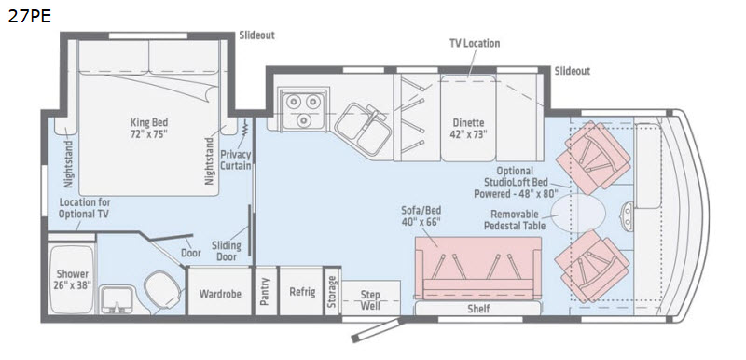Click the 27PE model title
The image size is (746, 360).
coord(30,16)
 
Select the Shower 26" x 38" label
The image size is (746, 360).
coord(73,279)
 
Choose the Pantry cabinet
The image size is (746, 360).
coord(266,291)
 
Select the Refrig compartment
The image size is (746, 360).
coord(302,291)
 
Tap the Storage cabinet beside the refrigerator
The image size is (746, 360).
coord(332,291)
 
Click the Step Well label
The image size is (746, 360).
coord(370,300)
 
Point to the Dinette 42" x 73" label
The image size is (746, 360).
coord(468,128)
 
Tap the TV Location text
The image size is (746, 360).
coord(475,43)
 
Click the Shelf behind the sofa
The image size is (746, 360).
coord(478,308)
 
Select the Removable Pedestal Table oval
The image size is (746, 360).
coord(578,213)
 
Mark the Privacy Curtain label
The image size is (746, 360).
coord(235,159)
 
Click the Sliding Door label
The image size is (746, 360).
coord(227,251)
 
